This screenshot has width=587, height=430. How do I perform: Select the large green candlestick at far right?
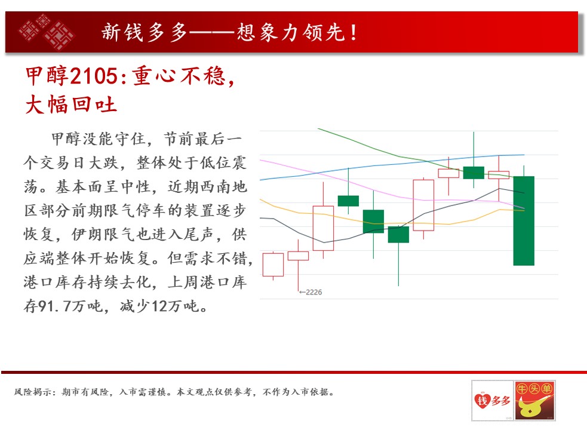click(x=524, y=220)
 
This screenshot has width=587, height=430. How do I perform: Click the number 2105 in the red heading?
click(x=94, y=76)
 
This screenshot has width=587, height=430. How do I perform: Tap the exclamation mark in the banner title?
click(x=354, y=32)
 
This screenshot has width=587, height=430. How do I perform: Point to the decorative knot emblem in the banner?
click(x=47, y=32)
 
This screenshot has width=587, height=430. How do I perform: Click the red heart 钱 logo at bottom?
click(x=481, y=401)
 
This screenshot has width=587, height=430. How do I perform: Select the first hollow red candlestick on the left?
click(x=273, y=265)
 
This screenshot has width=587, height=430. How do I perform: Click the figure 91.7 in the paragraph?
click(x=54, y=306)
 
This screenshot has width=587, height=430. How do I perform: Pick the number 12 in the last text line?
click(x=159, y=306)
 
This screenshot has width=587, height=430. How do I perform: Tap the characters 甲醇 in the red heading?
click(x=47, y=76)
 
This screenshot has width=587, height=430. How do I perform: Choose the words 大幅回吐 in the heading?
click(x=71, y=105)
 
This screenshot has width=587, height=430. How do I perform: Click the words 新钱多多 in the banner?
click(x=144, y=32)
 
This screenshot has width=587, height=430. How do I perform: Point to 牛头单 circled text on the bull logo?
click(x=534, y=389)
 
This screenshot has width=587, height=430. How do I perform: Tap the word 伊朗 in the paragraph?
click(x=87, y=235)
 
